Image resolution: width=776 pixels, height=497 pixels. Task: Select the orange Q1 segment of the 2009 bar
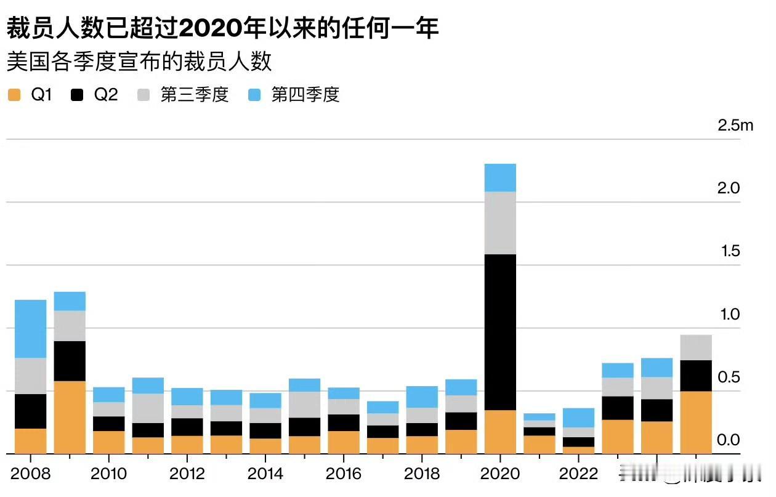tap(70, 417)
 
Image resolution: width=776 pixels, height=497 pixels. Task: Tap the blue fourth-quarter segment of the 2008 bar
tap(30, 328)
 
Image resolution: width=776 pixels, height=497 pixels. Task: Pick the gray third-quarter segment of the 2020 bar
tap(500, 222)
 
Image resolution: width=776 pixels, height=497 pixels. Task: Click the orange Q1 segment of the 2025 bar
tap(696, 422)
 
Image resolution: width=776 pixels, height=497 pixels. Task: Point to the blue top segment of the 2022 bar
tap(578, 418)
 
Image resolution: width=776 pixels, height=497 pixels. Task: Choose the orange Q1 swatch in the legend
tap(14, 95)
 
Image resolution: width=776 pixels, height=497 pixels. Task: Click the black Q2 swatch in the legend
tap(78, 95)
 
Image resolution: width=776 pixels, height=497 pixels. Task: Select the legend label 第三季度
tap(195, 95)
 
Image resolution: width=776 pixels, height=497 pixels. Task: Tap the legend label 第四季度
tap(305, 95)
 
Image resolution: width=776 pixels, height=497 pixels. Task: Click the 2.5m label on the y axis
tap(735, 126)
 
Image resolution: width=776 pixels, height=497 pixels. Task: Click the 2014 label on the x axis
tap(265, 474)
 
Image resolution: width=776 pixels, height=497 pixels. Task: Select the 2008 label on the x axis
tap(30, 474)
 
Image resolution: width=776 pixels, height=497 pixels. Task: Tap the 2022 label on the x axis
tap(578, 474)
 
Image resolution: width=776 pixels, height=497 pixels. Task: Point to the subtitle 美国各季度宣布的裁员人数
tap(139, 62)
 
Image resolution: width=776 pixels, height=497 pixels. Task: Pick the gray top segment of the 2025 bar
tap(696, 347)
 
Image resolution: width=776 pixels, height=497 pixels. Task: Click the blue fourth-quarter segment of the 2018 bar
tap(422, 397)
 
